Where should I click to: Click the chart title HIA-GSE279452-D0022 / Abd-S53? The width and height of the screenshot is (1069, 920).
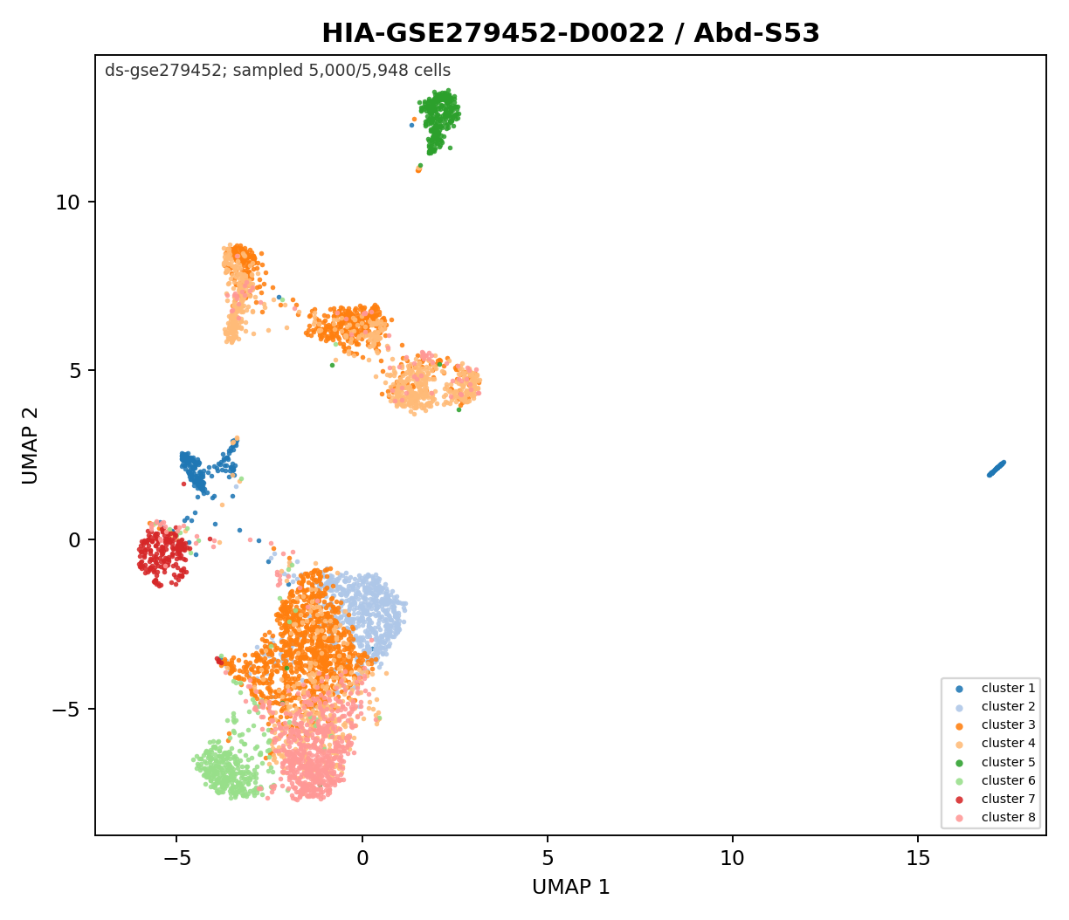(570, 33)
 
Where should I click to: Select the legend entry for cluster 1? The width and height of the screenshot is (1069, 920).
(996, 689)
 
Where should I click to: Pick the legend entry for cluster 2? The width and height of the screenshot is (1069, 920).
(996, 706)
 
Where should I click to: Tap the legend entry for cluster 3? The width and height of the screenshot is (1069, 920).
(996, 725)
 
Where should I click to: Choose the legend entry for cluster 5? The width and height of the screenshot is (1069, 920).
(996, 762)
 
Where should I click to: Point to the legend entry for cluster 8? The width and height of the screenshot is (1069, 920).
(996, 818)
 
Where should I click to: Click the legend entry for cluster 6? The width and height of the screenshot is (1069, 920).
(996, 781)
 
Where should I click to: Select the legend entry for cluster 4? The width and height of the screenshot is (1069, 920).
(996, 743)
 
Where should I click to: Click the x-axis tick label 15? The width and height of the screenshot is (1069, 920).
(918, 859)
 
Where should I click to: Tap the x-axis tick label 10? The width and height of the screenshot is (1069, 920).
(733, 859)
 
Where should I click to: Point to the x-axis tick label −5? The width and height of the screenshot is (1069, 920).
(177, 859)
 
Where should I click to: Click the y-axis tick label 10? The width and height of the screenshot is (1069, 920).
(68, 203)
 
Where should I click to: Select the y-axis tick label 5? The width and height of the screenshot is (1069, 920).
(74, 371)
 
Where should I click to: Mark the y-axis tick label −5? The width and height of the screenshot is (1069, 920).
(66, 709)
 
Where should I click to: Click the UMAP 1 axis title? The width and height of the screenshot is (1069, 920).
(570, 888)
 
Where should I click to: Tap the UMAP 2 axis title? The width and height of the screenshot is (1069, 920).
(31, 445)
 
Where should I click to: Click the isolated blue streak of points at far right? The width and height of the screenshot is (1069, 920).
(997, 469)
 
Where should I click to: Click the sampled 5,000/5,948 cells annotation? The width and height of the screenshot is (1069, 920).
(341, 71)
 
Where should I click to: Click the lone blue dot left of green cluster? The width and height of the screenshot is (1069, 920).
(411, 125)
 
